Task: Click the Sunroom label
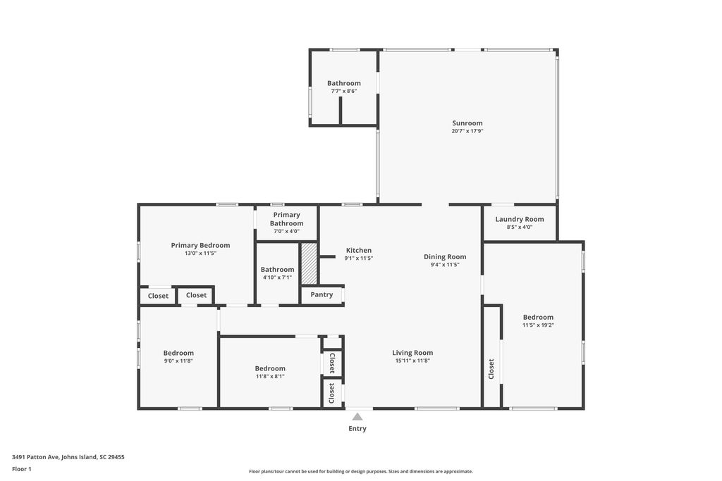click(x=467, y=123)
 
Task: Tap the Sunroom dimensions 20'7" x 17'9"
click(x=467, y=131)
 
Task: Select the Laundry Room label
click(x=520, y=219)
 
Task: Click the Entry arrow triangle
click(x=357, y=417)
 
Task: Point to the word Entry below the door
click(x=357, y=428)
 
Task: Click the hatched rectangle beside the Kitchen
click(x=309, y=263)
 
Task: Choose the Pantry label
click(x=322, y=294)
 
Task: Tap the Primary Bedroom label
click(x=200, y=245)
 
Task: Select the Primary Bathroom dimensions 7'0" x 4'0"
click(x=286, y=231)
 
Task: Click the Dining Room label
click(x=445, y=256)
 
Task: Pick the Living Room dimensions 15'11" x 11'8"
click(x=412, y=361)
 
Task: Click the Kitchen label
click(x=358, y=250)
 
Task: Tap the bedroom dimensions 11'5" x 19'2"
click(x=538, y=325)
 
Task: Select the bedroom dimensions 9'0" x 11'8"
click(x=178, y=361)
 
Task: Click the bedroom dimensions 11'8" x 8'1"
click(x=270, y=376)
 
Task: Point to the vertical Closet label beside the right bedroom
click(x=491, y=368)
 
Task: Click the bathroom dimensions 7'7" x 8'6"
click(x=344, y=91)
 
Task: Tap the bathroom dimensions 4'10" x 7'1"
click(x=277, y=277)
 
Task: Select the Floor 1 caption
click(x=22, y=468)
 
